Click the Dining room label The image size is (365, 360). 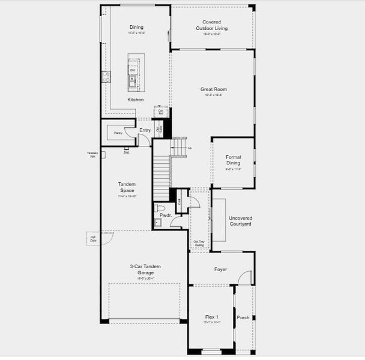click(x=136, y=27)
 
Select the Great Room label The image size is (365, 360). click(x=213, y=89)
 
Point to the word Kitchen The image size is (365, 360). click(x=135, y=100)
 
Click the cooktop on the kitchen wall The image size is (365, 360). click(x=106, y=76)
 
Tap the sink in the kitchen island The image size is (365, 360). click(x=132, y=79)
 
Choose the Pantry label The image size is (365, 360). click(x=118, y=133)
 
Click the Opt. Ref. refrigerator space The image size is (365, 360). click(x=160, y=112)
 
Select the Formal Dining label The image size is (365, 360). click(x=233, y=160)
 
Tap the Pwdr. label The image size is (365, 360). click(x=166, y=215)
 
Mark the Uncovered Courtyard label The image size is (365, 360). click(x=240, y=221)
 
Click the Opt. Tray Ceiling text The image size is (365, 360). click(x=199, y=244)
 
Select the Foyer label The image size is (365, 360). click(x=220, y=269)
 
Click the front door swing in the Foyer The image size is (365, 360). click(x=244, y=278)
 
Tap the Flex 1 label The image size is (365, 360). click(x=211, y=316)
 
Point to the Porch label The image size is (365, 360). click(x=243, y=317)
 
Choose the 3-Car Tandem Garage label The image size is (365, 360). click(x=145, y=269)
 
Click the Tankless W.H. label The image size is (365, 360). click(x=93, y=155)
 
